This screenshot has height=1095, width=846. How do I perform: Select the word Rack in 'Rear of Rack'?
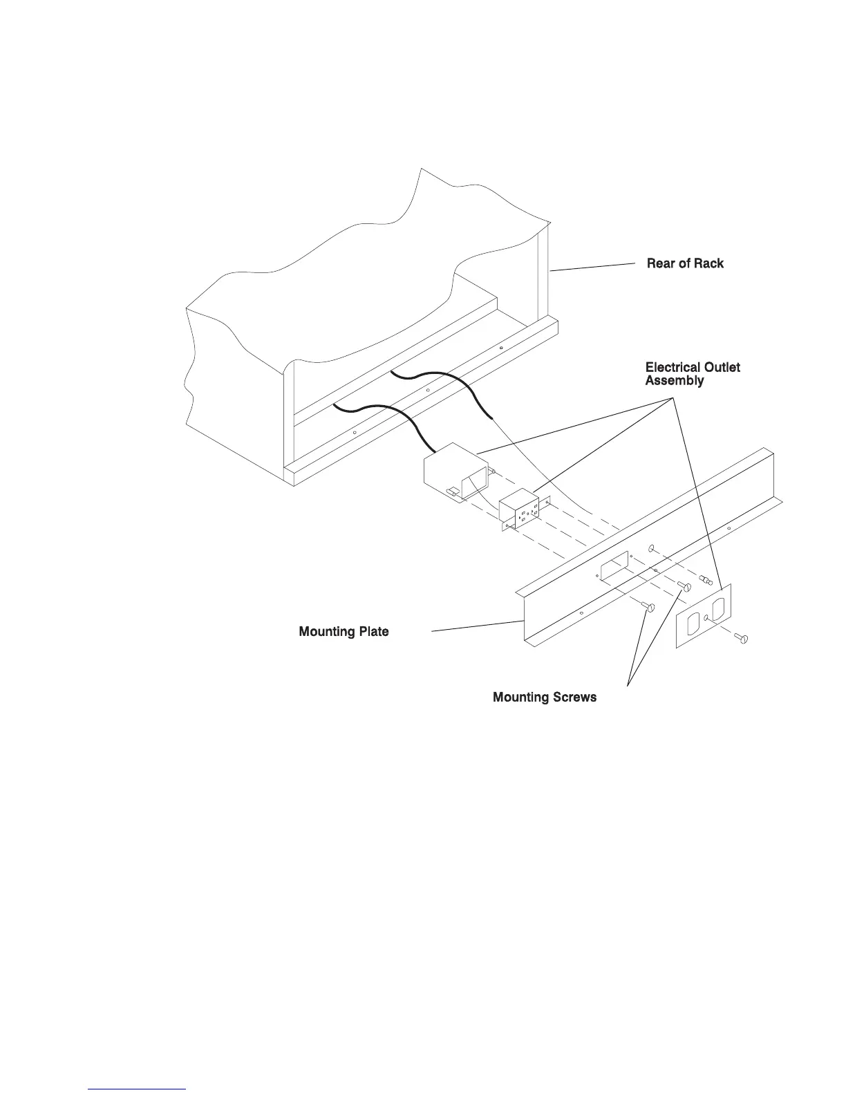tap(708, 263)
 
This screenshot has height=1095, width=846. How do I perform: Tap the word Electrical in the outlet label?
tap(673, 367)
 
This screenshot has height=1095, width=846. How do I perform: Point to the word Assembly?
tap(675, 381)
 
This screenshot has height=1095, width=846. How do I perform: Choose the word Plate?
tap(374, 632)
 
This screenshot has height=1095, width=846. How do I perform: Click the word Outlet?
tap(721, 367)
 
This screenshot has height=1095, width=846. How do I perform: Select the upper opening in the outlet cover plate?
tap(719, 606)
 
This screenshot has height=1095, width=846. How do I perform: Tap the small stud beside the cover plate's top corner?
tap(706, 581)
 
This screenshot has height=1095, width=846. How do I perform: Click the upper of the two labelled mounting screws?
tap(685, 587)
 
